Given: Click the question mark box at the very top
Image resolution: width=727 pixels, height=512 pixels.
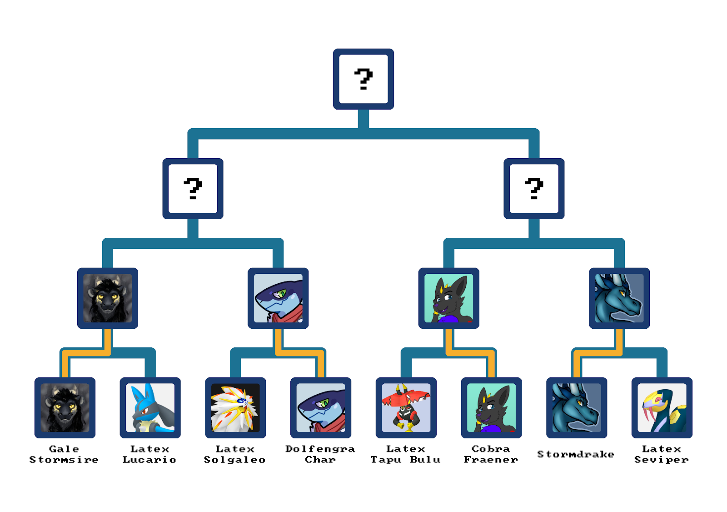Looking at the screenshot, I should (363, 79).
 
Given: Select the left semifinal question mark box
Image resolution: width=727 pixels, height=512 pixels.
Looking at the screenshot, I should (193, 189).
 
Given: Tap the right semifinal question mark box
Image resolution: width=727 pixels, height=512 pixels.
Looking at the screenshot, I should (534, 189).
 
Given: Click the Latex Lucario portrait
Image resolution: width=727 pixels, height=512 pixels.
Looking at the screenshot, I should (150, 408).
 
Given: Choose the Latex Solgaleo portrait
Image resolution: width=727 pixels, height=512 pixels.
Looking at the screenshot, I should (235, 408).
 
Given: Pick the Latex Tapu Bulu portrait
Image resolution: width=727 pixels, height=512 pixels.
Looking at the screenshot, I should (406, 408).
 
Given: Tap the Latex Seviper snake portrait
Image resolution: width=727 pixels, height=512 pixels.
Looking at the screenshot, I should (662, 408).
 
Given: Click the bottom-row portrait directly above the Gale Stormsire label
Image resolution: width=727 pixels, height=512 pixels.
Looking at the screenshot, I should (65, 408).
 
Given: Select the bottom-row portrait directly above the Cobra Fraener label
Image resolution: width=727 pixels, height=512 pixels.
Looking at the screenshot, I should (491, 408).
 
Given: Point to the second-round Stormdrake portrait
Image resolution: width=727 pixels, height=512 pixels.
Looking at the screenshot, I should (619, 298).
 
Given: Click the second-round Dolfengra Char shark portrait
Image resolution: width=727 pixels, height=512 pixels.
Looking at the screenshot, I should (278, 298).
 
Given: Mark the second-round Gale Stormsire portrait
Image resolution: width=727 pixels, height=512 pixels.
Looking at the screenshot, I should (108, 298).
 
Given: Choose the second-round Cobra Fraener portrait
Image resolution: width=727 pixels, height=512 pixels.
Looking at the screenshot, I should (449, 298).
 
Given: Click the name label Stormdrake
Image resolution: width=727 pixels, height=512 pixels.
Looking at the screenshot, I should (576, 454).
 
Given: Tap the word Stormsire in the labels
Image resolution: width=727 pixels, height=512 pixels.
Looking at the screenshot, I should (64, 460).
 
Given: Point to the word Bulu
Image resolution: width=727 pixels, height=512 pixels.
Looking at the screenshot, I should (425, 460).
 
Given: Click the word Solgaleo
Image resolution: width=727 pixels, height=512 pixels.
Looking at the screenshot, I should (235, 460).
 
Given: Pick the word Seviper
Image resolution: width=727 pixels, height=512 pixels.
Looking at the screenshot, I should (662, 460).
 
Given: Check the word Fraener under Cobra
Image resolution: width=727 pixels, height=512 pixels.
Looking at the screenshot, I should (491, 460).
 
